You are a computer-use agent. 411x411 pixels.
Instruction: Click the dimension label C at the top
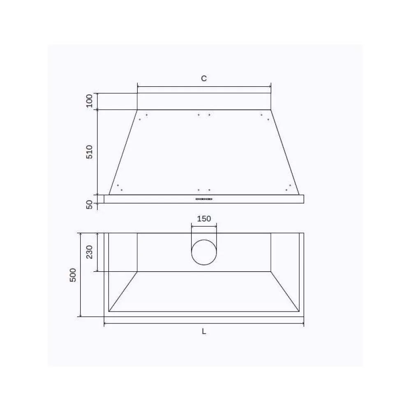tap(204, 79)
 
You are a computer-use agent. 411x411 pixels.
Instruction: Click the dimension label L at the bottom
tap(204, 332)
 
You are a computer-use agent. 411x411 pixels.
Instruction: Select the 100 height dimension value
tap(90, 101)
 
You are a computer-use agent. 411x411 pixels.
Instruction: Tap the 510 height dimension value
tap(90, 152)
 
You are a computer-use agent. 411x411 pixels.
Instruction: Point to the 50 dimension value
tap(90, 205)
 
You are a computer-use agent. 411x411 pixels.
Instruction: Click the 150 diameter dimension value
tap(204, 219)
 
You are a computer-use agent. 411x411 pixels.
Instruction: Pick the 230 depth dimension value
tap(89, 252)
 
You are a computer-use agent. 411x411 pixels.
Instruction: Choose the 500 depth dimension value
tap(73, 275)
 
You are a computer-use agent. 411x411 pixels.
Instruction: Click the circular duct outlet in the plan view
tap(204, 252)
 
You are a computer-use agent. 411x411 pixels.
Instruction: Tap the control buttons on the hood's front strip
tap(204, 199)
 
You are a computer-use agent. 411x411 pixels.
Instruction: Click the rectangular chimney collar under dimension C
tap(204, 102)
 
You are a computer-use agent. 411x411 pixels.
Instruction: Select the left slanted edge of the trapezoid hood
tap(123, 152)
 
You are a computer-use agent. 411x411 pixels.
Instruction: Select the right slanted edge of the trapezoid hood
tap(285, 152)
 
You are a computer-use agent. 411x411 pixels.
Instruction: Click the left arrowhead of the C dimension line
tap(139, 87)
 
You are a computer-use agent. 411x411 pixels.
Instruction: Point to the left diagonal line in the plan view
tap(123, 291)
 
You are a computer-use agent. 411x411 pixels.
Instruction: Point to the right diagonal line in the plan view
tap(285, 291)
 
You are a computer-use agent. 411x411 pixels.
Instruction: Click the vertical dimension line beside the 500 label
tap(81, 275)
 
